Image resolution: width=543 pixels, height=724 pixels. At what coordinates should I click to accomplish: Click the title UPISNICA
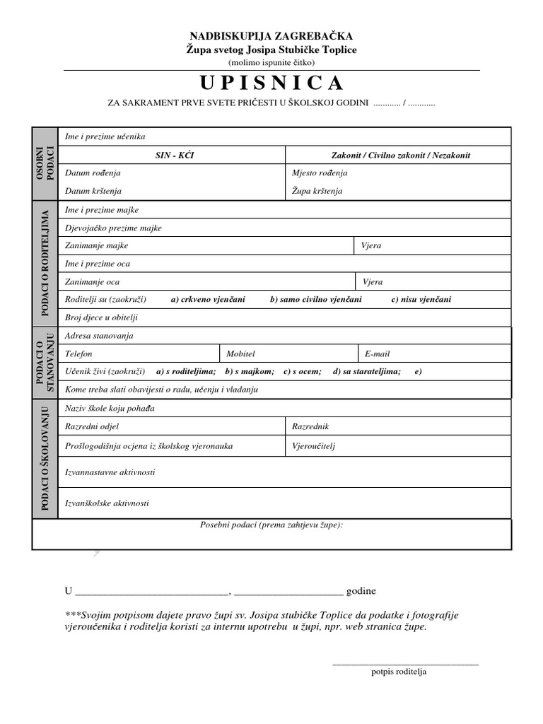tap(271, 83)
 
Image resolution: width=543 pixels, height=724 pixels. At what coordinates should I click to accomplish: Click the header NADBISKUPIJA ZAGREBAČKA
tap(271, 36)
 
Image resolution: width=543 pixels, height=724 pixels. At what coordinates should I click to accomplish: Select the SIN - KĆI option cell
tap(171, 156)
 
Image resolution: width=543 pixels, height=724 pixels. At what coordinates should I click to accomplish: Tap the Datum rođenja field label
tap(93, 173)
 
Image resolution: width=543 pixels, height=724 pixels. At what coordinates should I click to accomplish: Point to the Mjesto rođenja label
tap(320, 173)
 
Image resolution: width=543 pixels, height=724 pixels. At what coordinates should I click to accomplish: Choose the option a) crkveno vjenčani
tap(208, 300)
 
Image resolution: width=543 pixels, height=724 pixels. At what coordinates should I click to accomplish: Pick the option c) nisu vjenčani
tap(421, 300)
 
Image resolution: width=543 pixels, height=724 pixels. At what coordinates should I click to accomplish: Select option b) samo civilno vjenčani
tap(315, 300)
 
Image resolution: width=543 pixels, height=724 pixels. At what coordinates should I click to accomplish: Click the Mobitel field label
tap(240, 354)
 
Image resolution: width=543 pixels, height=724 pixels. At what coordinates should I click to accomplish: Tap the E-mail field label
tap(378, 354)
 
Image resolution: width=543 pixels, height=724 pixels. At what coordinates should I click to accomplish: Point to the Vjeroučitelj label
tap(313, 446)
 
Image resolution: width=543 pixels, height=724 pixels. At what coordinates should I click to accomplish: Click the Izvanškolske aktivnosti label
tap(107, 503)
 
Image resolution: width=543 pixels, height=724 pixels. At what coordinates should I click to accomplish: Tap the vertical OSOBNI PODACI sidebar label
tap(45, 164)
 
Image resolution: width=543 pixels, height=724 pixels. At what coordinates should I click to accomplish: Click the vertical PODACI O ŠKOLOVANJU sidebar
tap(45, 458)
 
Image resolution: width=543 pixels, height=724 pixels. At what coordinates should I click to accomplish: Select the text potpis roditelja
tap(399, 672)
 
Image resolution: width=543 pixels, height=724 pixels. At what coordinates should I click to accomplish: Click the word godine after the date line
tap(361, 591)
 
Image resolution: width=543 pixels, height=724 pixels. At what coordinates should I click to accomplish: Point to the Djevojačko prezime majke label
tap(113, 228)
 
